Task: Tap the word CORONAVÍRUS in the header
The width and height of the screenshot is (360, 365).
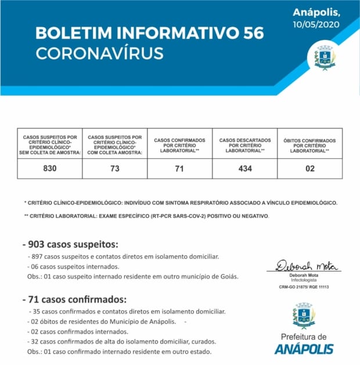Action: coord(99,53)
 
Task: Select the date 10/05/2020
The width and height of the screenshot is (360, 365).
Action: coord(316,24)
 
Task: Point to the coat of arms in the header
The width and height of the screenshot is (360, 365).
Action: coord(325,57)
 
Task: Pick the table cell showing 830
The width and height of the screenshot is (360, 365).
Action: coord(49,168)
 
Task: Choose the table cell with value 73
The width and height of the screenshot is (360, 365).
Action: coord(114,168)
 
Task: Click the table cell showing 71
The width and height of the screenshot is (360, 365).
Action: coord(179,168)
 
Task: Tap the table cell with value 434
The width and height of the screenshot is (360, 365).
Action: coord(244,168)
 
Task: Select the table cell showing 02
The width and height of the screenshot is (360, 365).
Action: coord(309,168)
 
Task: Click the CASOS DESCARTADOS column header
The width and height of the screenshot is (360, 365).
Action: coord(244,145)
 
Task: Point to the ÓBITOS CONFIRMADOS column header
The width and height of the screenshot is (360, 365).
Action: coord(309,145)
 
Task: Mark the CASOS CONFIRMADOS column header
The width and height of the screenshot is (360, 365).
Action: coord(179,145)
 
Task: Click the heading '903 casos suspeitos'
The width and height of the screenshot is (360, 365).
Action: coord(70,243)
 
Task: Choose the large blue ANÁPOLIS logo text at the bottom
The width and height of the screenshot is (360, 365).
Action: coord(304,349)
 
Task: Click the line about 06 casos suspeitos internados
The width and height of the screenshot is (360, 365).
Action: coord(74,266)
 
